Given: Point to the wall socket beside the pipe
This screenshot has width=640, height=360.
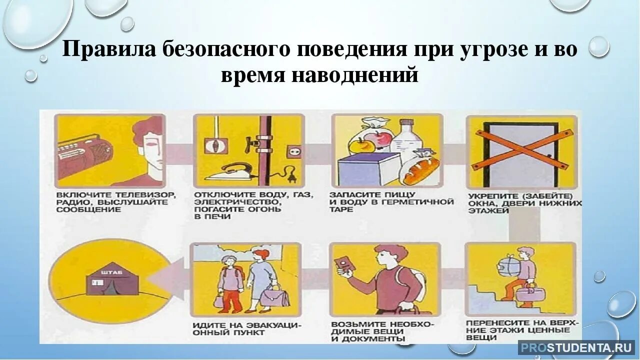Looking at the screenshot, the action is click(291, 150).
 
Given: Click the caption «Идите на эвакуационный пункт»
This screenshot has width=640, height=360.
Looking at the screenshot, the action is click(246, 329).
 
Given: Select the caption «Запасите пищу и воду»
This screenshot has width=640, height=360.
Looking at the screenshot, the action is click(391, 201).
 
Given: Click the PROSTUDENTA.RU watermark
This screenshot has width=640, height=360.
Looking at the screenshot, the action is click(575, 347).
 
